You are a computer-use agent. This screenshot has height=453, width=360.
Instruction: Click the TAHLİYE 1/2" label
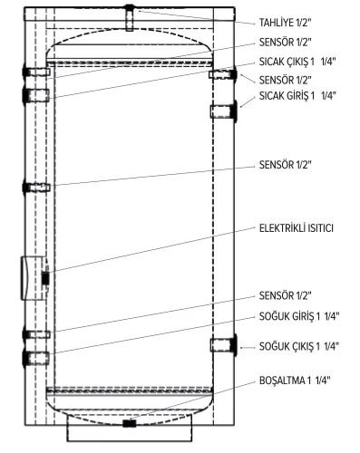(x=285, y=23)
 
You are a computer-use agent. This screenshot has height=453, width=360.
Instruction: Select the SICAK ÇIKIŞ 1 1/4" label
(x=297, y=62)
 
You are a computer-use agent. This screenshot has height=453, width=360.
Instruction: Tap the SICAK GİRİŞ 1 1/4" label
(x=297, y=96)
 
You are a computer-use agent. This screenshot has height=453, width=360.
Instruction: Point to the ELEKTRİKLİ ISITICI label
(x=297, y=228)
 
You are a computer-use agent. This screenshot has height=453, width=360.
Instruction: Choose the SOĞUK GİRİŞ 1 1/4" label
(x=299, y=316)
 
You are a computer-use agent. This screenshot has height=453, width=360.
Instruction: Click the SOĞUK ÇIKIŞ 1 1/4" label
(x=298, y=346)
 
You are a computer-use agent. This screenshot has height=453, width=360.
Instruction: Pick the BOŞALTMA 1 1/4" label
(x=295, y=381)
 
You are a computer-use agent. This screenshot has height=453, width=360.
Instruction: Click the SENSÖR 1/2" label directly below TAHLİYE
(x=285, y=43)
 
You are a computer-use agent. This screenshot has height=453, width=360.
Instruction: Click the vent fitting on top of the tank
(x=130, y=17)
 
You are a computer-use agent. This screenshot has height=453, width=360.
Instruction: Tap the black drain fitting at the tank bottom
(x=130, y=423)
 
